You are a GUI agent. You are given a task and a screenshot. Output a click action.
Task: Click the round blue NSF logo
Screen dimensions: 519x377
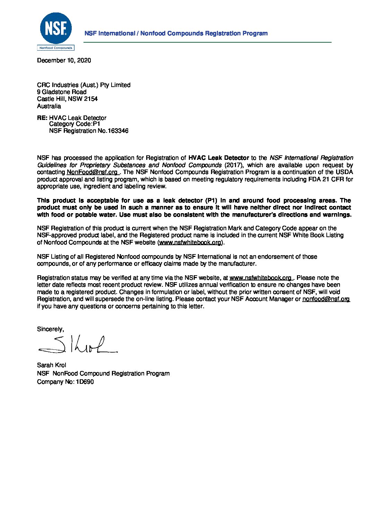pyautogui.click(x=56, y=28)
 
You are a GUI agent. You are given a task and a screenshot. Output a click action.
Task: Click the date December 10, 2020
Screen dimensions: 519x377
pyautogui.click(x=64, y=60)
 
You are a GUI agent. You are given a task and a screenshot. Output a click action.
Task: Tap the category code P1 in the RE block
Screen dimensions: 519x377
pyautogui.click(x=96, y=124)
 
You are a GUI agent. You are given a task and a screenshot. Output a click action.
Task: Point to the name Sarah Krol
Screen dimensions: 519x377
pyautogui.click(x=52, y=365)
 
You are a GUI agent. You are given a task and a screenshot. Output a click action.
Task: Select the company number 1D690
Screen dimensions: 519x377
pyautogui.click(x=85, y=382)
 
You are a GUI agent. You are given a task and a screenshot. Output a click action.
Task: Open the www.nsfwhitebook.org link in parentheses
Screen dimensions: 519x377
pyautogui.click(x=190, y=242)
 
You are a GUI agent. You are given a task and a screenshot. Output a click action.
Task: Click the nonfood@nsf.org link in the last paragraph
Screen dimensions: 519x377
pyautogui.click(x=326, y=299)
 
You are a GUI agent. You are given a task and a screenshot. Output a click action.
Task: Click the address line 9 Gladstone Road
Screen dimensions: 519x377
pyautogui.click(x=62, y=92)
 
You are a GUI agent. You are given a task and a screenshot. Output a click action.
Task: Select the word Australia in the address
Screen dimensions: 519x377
pyautogui.click(x=49, y=106)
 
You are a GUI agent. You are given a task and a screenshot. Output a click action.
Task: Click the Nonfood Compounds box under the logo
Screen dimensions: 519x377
pyautogui.click(x=56, y=48)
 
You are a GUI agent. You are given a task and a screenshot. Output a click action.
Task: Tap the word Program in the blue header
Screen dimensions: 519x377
pyautogui.click(x=255, y=33)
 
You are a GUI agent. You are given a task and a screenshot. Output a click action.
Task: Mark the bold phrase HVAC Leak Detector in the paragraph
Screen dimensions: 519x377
pyautogui.click(x=219, y=158)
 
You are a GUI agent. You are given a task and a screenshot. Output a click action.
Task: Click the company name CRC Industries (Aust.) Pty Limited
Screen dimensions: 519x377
pyautogui.click(x=84, y=85)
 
